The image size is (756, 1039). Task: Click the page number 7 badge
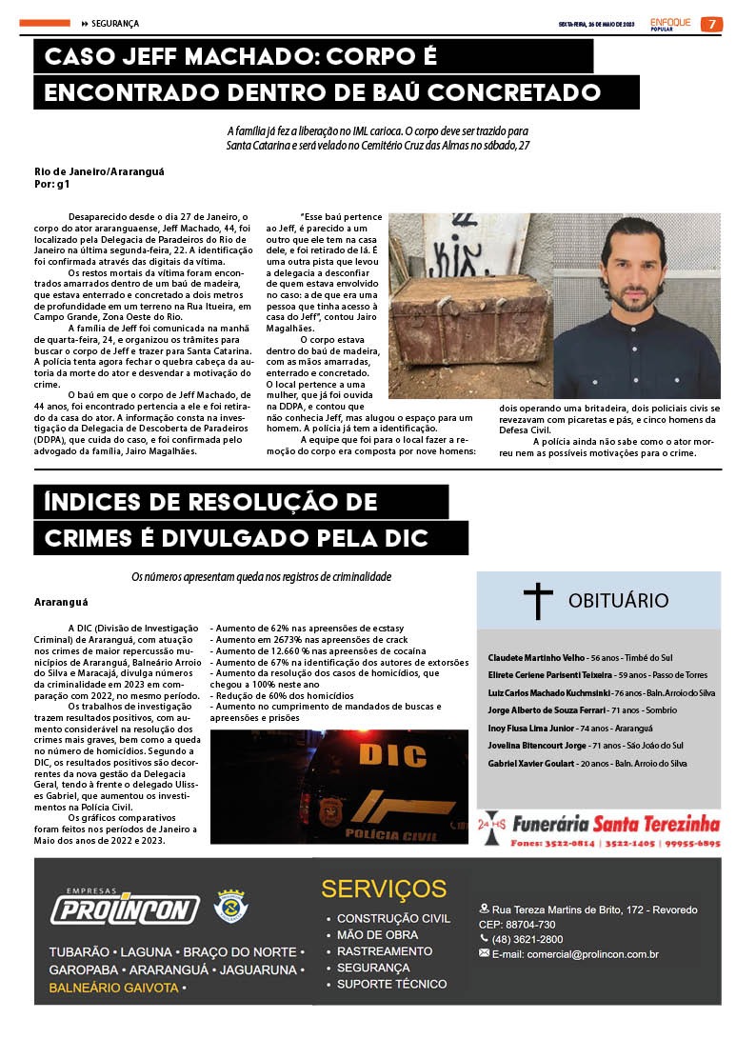tap(711, 24)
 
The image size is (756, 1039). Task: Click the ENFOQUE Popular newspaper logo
tap(670, 24)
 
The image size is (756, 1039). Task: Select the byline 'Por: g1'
tap(51, 184)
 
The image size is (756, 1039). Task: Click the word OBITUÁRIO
tap(618, 600)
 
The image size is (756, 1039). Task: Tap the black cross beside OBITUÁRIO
tap(538, 601)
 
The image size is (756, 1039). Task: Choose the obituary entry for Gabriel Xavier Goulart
tap(531, 763)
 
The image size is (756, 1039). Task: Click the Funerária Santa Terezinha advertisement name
tap(615, 824)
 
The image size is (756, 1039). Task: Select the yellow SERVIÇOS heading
tap(384, 889)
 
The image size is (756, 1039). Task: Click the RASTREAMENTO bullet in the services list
tap(384, 950)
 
